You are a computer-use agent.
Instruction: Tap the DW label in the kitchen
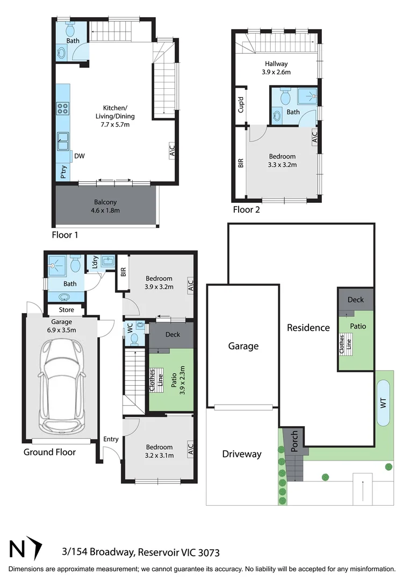80,157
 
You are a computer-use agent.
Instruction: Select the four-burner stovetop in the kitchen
63,109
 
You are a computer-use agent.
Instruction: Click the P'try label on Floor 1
63,173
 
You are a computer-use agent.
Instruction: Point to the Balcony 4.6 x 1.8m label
105,206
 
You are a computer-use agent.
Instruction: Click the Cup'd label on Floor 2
241,104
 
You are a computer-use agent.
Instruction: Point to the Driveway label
242,454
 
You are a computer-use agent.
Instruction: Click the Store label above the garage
67,310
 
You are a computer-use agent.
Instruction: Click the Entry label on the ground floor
111,440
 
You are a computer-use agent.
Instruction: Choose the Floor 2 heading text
246,210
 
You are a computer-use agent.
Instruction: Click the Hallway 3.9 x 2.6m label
276,68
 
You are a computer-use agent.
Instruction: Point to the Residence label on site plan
308,328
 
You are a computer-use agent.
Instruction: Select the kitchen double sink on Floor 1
63,141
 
